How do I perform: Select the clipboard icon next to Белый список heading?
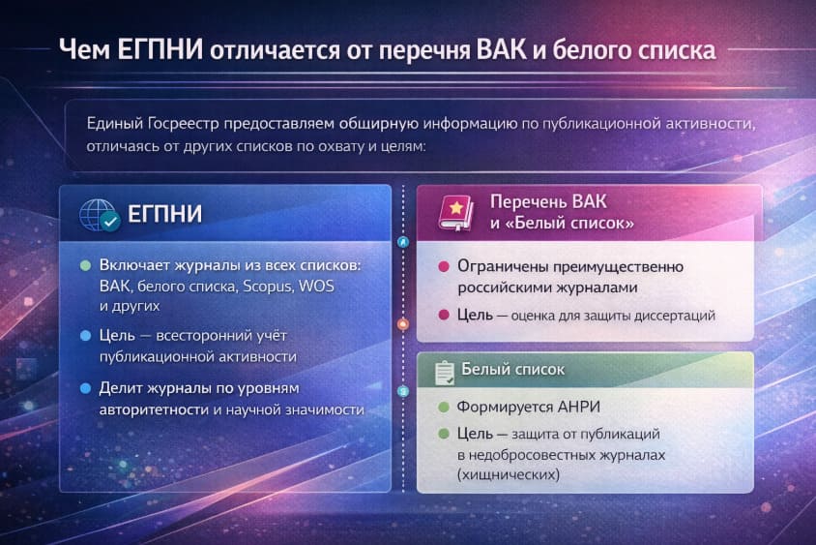pyautogui.click(x=444, y=371)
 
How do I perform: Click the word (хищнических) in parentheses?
pyautogui.click(x=508, y=475)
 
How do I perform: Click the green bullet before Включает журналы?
pyautogui.click(x=85, y=265)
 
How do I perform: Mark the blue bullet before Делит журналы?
pyautogui.click(x=85, y=388)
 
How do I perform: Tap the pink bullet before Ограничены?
pyautogui.click(x=443, y=267)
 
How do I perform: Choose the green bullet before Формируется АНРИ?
pyautogui.click(x=443, y=408)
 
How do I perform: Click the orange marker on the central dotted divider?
pyautogui.click(x=403, y=326)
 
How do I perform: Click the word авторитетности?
pyautogui.click(x=154, y=409)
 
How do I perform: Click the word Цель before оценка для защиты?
pyautogui.click(x=477, y=315)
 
